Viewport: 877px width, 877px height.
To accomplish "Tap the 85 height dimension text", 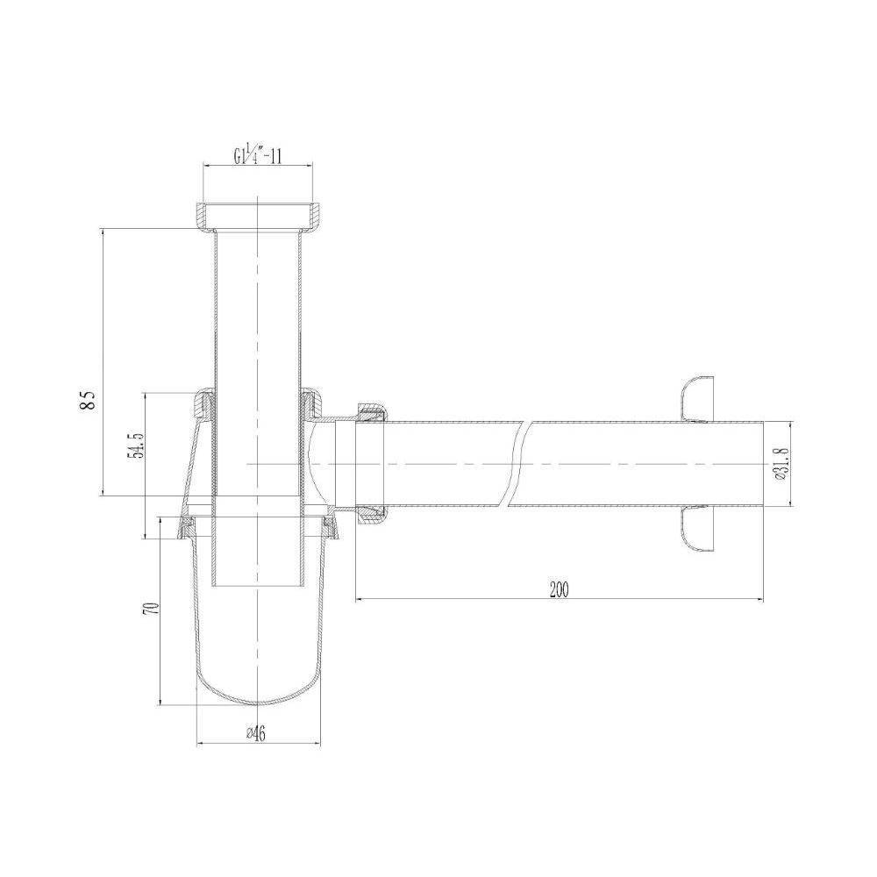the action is coord(89,401).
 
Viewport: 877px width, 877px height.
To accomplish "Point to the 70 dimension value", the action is coord(152,610).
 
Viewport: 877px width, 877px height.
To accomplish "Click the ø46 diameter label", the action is coord(256,733).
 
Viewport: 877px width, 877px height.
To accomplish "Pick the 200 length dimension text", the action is coord(559,589).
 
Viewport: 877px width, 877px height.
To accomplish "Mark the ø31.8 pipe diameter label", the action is coord(781,464).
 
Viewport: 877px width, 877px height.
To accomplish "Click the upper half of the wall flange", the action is coord(698,399).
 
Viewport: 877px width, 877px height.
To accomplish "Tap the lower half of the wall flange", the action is coord(698,529).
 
